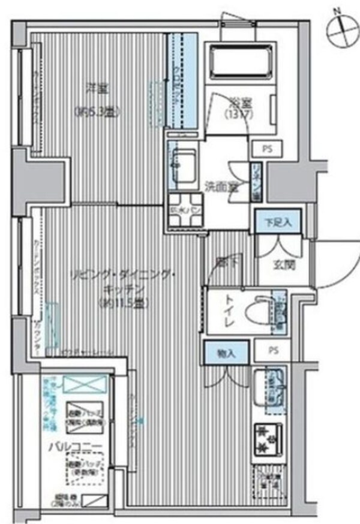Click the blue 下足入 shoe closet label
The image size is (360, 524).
(278, 221)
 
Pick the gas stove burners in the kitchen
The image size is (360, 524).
(263, 438)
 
